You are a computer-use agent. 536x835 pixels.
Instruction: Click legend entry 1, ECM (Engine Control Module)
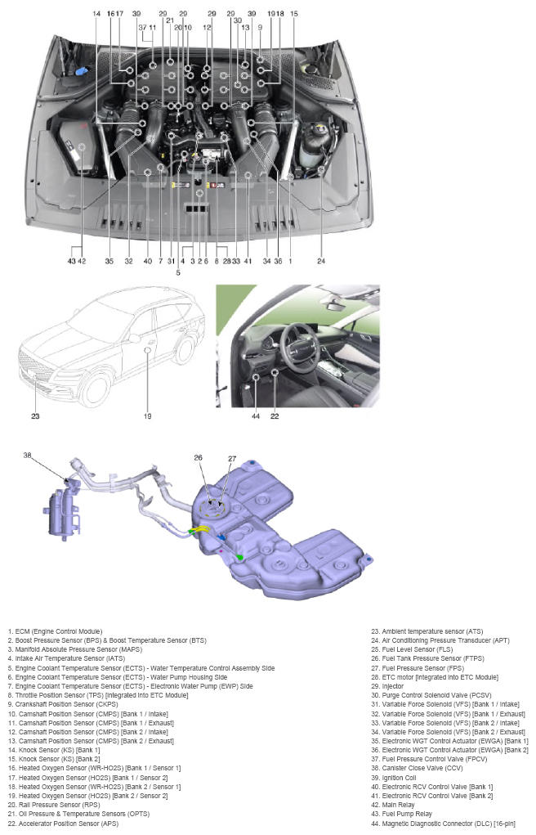[x=56, y=631]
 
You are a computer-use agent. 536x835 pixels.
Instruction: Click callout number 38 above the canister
[x=28, y=455]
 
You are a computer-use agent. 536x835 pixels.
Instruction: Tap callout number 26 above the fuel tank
[x=199, y=459]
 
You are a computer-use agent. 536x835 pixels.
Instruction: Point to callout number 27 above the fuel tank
[x=232, y=459]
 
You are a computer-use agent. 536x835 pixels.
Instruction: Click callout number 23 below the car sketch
[x=35, y=415]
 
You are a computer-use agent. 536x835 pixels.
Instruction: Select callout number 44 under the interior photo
[x=257, y=415]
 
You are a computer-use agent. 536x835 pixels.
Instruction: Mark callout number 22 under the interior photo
[x=275, y=415]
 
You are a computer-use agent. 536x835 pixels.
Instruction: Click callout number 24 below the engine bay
[x=321, y=261]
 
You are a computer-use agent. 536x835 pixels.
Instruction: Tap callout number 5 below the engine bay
[x=178, y=272]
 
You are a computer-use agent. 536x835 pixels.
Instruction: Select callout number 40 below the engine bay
[x=147, y=261]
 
